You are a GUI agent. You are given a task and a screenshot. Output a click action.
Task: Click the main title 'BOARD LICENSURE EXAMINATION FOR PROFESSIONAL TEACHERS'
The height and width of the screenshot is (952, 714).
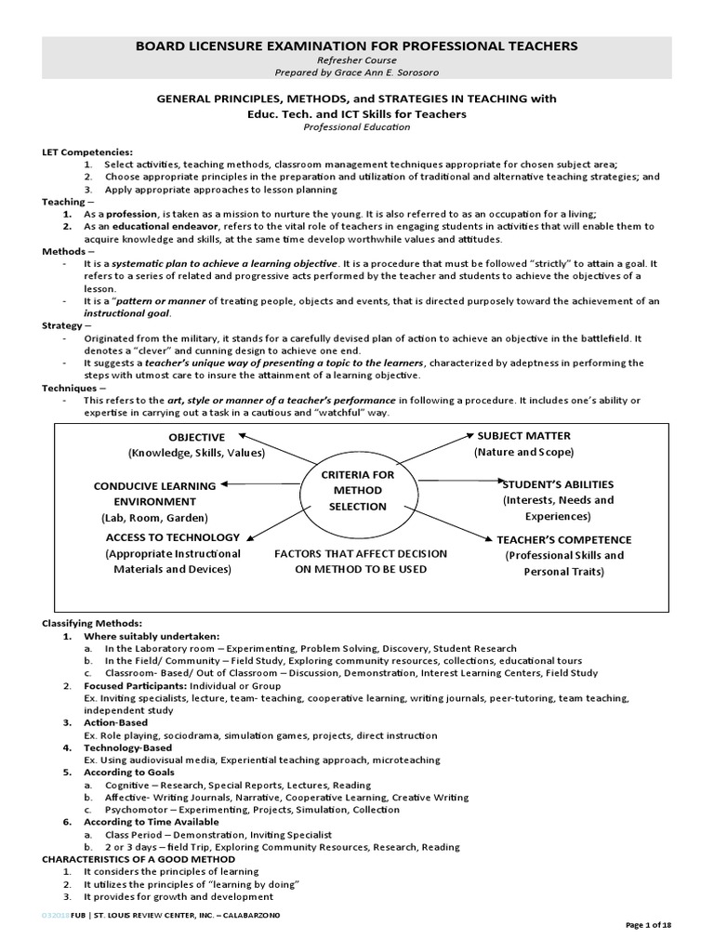click(x=358, y=46)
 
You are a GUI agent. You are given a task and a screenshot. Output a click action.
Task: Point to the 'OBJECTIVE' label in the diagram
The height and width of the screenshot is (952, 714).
click(x=196, y=437)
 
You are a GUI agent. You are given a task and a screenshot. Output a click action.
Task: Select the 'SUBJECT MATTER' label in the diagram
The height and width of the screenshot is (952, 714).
click(x=523, y=436)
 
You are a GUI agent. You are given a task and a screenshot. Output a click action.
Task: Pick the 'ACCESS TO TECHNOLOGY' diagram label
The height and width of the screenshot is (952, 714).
click(x=173, y=537)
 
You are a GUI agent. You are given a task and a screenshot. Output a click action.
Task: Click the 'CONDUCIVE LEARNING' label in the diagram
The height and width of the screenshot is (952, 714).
click(x=154, y=486)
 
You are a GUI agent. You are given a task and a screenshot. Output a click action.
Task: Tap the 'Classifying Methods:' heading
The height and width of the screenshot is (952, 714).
click(x=92, y=623)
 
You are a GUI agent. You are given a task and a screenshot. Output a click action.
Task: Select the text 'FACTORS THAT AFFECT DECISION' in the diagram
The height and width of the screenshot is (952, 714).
click(x=361, y=553)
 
